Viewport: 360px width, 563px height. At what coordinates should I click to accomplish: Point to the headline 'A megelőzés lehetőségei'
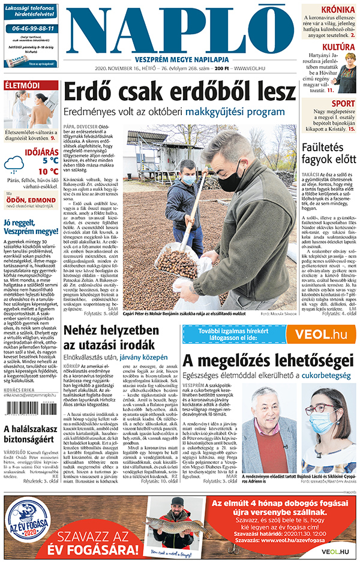pos(268,360)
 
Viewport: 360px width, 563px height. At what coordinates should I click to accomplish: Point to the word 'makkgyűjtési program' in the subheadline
pos(239,112)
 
